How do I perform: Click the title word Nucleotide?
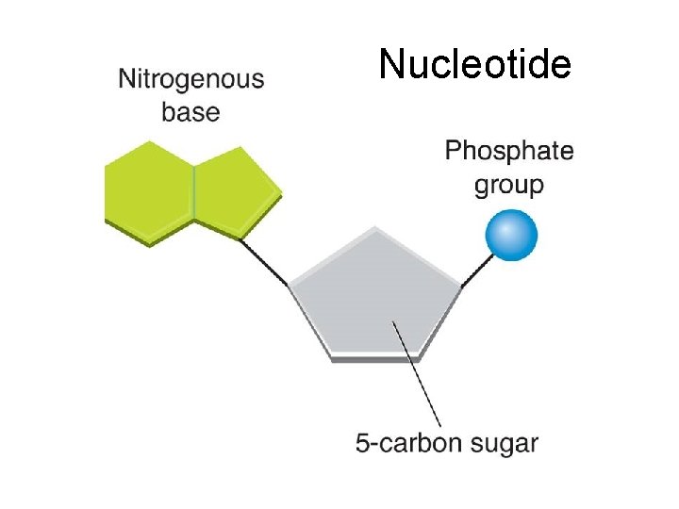coord(474,65)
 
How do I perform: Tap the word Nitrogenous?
coord(191,80)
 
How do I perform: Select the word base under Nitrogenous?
coord(190,113)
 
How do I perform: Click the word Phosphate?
coord(508,151)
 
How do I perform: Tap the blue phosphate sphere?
coord(511,236)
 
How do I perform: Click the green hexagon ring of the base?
coord(149,192)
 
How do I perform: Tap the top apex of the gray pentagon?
coord(375,229)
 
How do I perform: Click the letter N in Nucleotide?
coord(390,65)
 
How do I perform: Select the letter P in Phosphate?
coord(453,151)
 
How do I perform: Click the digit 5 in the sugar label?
coord(363,442)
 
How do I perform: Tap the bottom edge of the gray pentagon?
coord(375,357)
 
